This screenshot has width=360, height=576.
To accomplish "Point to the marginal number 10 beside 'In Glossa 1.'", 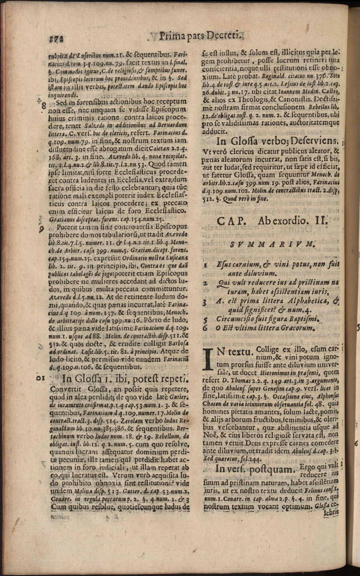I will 40,378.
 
